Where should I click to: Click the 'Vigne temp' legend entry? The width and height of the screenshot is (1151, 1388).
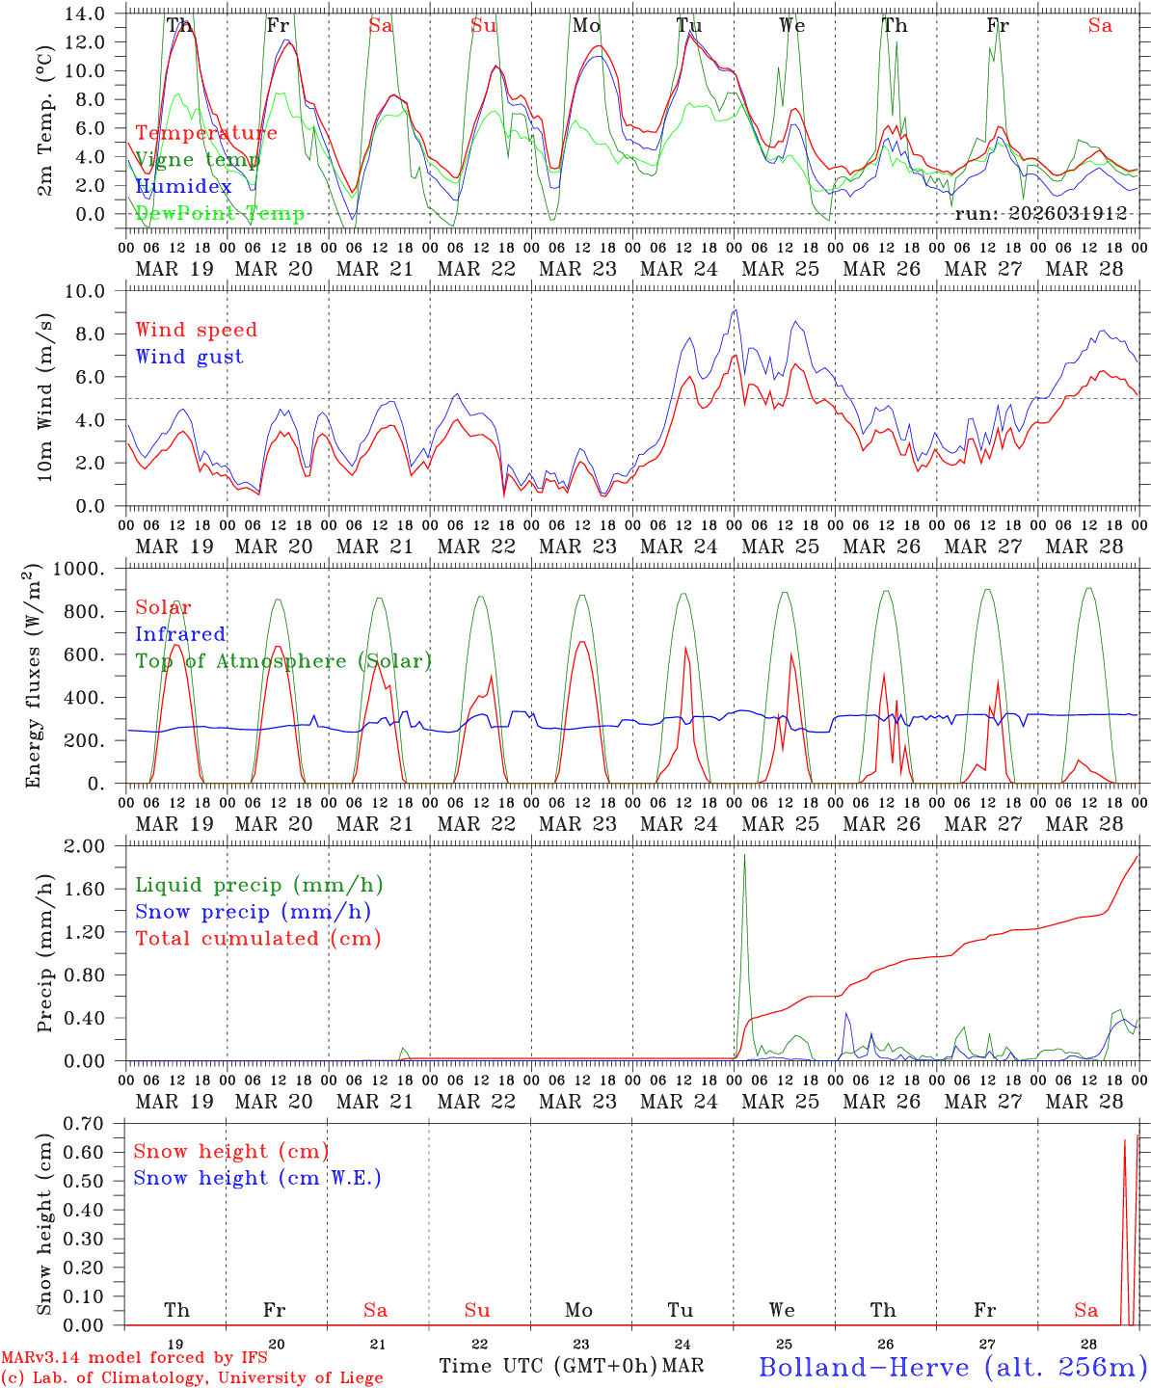point(197,160)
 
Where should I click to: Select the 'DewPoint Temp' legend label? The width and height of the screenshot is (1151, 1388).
point(220,214)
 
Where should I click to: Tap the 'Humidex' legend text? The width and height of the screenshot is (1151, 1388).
point(183,187)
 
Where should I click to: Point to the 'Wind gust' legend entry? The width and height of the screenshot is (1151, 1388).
point(189,357)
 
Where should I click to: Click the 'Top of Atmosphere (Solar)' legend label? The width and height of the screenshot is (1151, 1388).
point(283,661)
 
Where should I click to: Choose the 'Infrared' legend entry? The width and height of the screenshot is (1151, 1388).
point(180,634)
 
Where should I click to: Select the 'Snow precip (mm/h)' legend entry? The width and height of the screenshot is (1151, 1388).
point(253,912)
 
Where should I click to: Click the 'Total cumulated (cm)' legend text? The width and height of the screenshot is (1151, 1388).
point(258,939)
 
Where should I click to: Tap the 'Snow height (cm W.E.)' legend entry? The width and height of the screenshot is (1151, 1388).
point(257,1178)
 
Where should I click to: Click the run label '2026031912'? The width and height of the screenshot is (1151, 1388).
point(1040,214)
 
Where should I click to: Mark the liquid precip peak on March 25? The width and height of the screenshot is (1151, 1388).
point(744,856)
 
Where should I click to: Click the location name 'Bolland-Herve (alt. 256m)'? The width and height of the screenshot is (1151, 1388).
point(952,1367)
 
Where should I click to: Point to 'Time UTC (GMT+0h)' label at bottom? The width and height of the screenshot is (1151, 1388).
point(549,1366)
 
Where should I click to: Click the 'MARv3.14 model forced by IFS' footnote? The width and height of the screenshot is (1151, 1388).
point(134,1358)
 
